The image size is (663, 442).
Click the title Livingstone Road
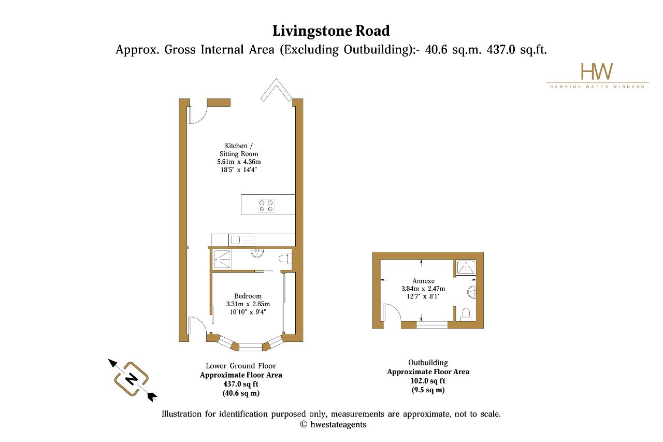[331, 31]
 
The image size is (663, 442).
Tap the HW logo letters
[597, 72]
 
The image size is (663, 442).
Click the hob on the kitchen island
[266, 206]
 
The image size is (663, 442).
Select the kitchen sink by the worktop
[241, 239]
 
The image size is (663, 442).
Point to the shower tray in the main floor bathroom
[222, 259]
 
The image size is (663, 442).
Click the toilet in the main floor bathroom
[285, 259]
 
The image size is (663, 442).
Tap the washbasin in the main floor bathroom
[257, 253]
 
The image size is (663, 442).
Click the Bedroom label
[248, 296]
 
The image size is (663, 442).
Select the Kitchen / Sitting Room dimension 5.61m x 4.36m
[239, 162]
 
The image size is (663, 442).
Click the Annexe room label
[423, 281]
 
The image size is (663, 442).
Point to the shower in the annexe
[466, 267]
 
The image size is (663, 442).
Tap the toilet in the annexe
[466, 315]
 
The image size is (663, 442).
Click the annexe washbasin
[472, 292]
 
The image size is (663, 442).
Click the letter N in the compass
[131, 379]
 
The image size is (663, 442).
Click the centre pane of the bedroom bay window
[250, 347]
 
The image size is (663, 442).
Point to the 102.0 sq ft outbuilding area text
[428, 381]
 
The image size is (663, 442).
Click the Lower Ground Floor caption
[241, 366]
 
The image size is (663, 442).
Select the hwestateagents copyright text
[333, 424]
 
